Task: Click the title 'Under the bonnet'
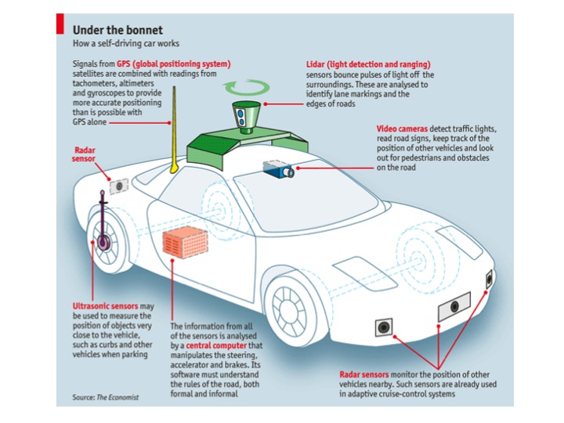117,30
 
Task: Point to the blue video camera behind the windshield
278,168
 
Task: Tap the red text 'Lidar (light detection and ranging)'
369,64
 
